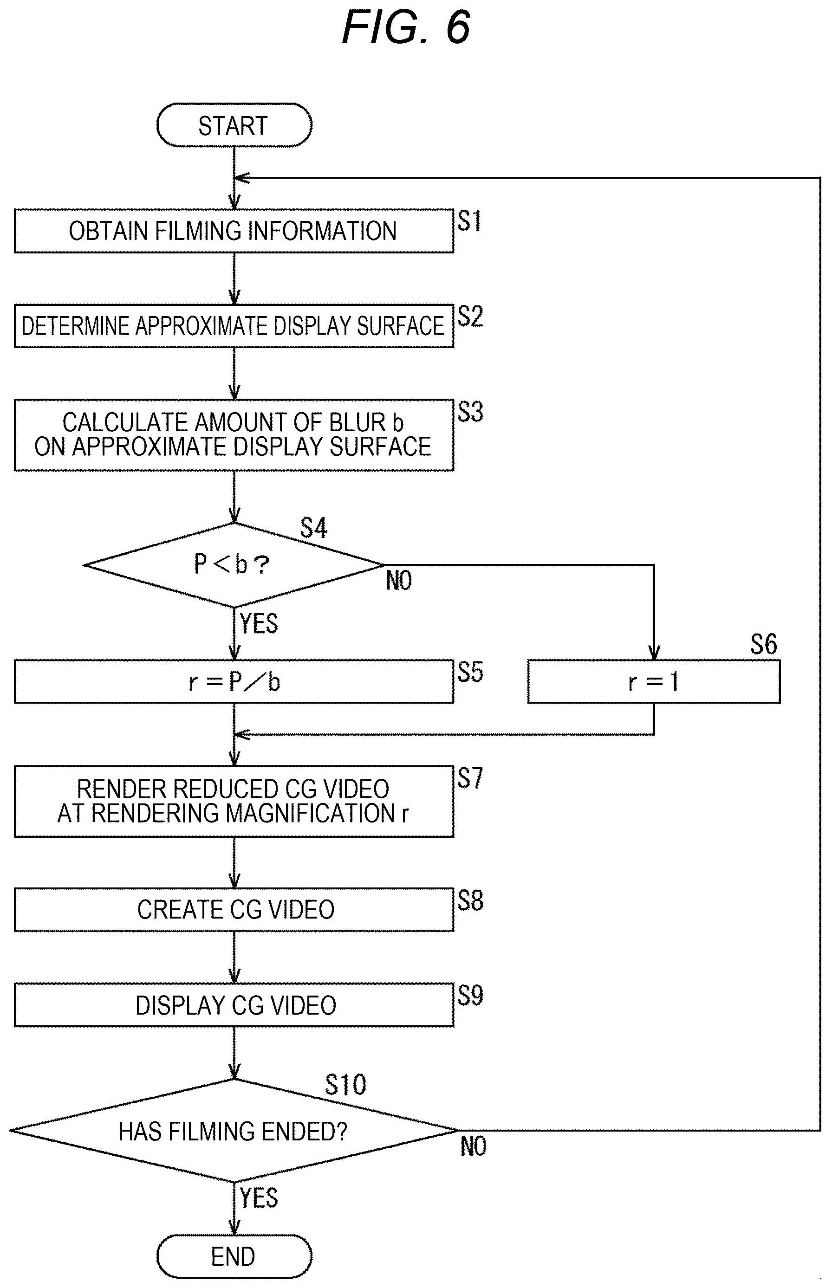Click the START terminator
click(x=234, y=125)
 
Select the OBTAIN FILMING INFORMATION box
click(x=234, y=231)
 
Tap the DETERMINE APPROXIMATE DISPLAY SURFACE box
click(x=234, y=326)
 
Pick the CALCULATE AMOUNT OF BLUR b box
click(x=234, y=435)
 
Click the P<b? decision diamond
click(x=234, y=565)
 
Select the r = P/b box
click(x=234, y=681)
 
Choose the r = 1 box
click(x=654, y=681)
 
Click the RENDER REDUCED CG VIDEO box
click(x=234, y=802)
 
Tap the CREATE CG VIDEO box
click(x=234, y=910)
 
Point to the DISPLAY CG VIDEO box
click(x=234, y=1005)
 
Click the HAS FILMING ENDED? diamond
click(x=234, y=1130)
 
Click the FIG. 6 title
click(x=406, y=27)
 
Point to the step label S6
click(x=763, y=644)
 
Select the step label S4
click(x=314, y=528)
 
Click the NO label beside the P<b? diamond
click(x=399, y=581)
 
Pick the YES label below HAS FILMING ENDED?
click(x=259, y=1198)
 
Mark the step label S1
click(x=469, y=221)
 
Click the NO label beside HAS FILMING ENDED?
click(x=473, y=1146)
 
